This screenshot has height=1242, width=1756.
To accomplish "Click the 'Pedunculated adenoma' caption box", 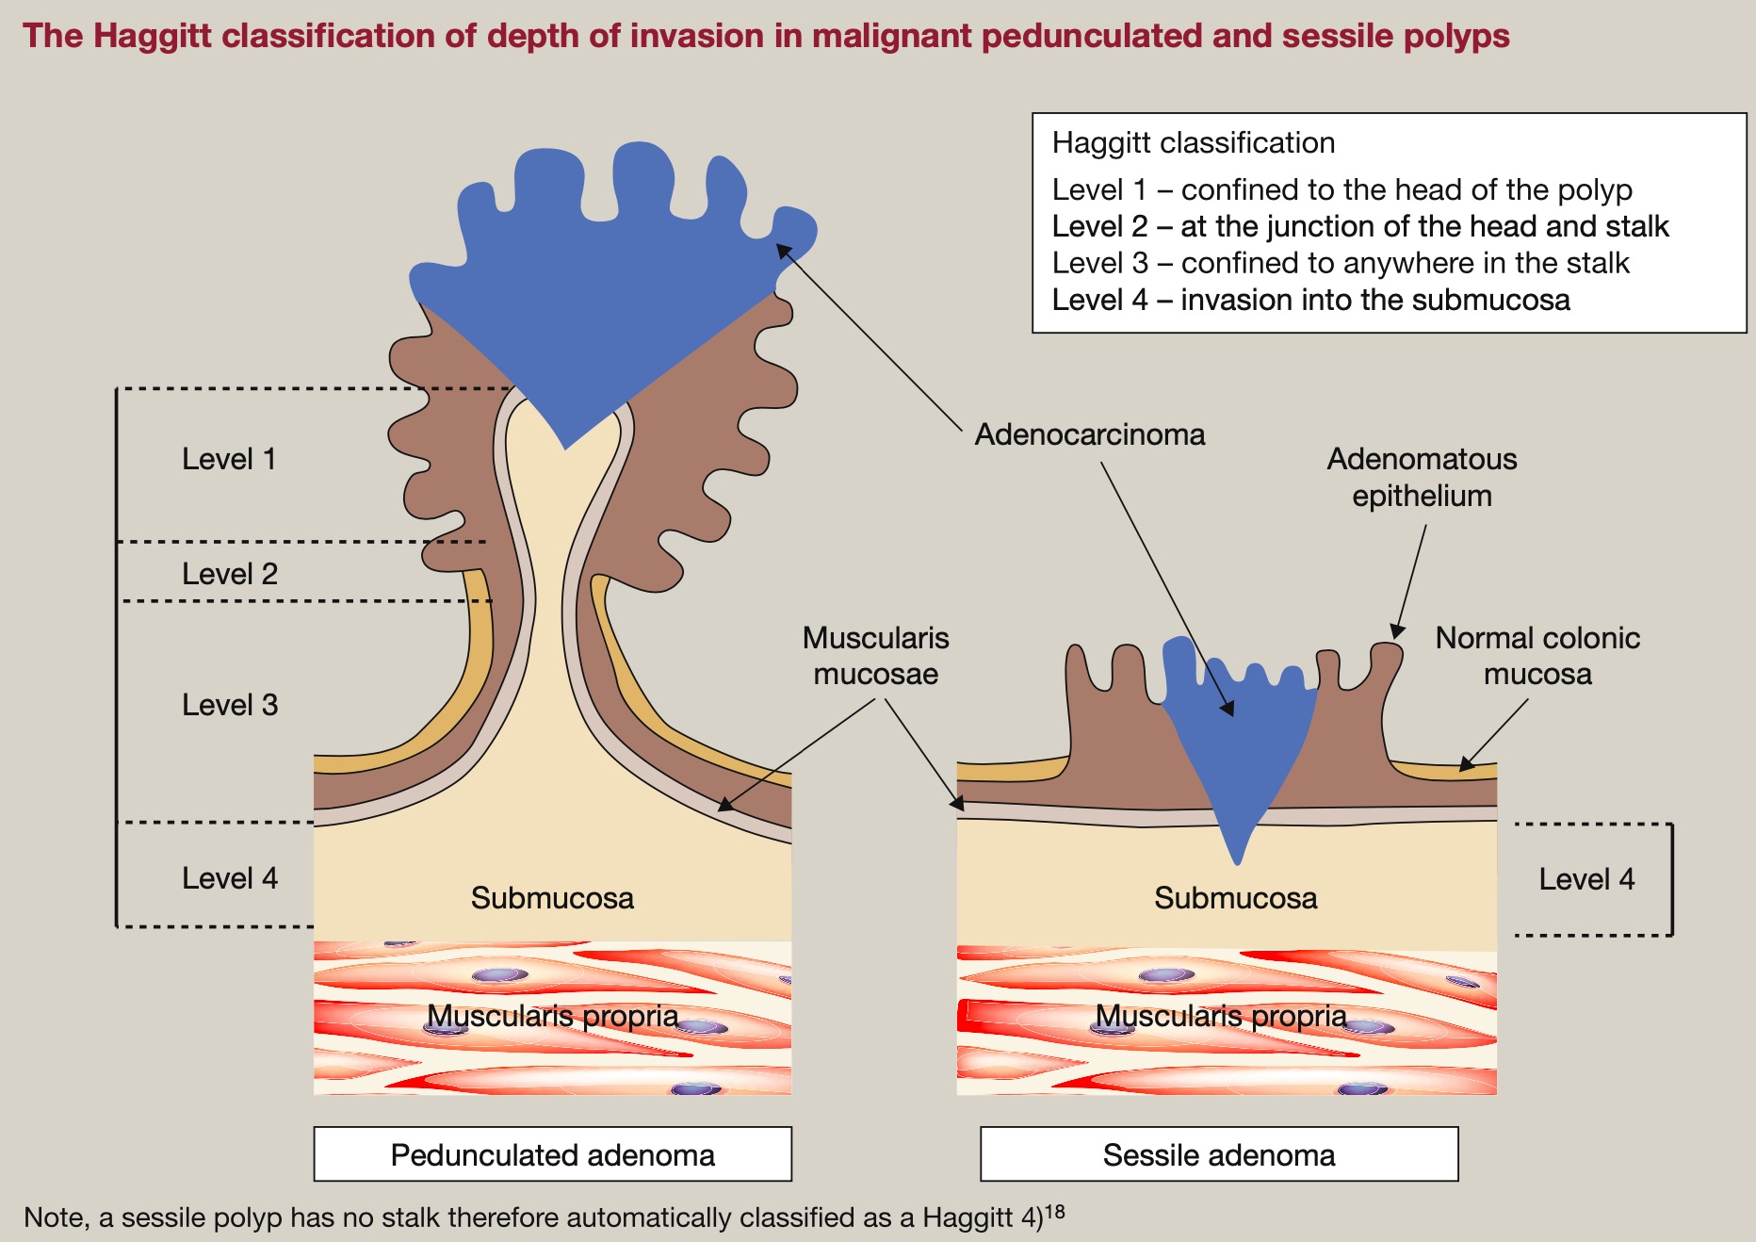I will point(552,1154).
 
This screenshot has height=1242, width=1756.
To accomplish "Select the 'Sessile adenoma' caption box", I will point(1219,1154).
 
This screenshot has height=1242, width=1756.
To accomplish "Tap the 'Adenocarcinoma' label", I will point(1090,434).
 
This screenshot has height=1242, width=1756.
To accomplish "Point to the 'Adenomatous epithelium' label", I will point(1422,477).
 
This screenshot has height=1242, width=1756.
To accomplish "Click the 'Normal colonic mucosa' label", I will point(1537,656).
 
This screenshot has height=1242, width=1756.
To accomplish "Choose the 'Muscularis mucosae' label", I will point(875,656).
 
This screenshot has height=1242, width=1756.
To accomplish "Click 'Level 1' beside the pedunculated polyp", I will point(229,459).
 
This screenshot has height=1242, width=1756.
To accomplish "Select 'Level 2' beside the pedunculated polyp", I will point(230,574).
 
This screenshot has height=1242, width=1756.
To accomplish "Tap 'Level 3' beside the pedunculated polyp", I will point(230,705).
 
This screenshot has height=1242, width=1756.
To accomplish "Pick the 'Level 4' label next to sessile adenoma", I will point(1586,879).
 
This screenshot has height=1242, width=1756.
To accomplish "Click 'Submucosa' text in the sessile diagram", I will point(1235,898).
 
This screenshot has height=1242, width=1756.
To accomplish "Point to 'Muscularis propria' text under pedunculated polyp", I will point(552,1016).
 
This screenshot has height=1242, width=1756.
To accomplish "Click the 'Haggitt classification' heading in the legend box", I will point(1194,143).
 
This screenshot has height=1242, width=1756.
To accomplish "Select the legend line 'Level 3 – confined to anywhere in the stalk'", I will point(1341,263).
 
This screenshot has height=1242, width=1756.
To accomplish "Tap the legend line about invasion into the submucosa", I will point(1310,300).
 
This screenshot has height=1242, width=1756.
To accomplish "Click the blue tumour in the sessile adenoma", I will point(1234,744).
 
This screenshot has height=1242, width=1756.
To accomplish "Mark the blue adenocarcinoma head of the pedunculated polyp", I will point(603,283).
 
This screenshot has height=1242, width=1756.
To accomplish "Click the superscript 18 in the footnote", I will point(1055,1211).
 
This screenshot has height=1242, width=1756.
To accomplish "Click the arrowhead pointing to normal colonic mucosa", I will point(1465,765).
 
